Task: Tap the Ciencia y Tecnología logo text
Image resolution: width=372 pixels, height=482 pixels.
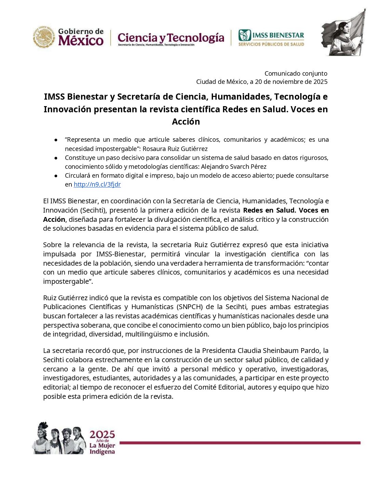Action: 171,38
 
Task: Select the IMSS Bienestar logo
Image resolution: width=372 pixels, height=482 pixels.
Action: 271,37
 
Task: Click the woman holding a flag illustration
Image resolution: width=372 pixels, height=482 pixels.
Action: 343,33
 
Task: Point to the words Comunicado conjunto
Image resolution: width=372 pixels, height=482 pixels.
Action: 296,73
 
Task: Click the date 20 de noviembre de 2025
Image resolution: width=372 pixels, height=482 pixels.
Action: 291,82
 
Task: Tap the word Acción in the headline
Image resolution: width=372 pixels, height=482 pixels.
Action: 186,122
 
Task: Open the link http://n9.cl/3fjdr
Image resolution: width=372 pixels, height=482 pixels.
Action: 97,185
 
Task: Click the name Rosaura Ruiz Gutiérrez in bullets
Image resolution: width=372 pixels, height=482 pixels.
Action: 175,149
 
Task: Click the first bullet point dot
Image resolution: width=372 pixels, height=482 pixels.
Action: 56,140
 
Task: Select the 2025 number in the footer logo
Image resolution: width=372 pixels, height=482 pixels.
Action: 102,434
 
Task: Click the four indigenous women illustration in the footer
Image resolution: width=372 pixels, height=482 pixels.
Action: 59,439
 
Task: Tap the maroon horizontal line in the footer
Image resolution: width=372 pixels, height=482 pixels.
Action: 239,443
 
